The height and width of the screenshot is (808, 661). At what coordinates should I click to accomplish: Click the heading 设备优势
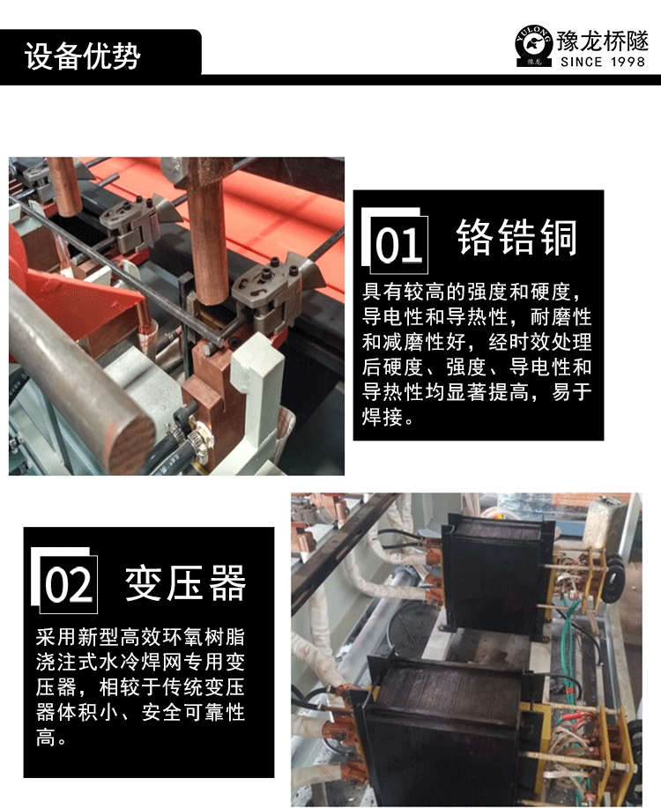tap(83, 56)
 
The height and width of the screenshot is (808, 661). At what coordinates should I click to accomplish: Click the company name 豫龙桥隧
tap(602, 41)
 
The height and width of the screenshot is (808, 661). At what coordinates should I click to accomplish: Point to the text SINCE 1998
tap(603, 62)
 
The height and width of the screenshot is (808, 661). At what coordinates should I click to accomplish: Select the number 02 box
tap(68, 584)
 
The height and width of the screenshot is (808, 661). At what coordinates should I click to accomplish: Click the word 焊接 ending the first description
tap(382, 417)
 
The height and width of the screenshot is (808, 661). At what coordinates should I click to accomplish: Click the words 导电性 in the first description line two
tap(392, 316)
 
